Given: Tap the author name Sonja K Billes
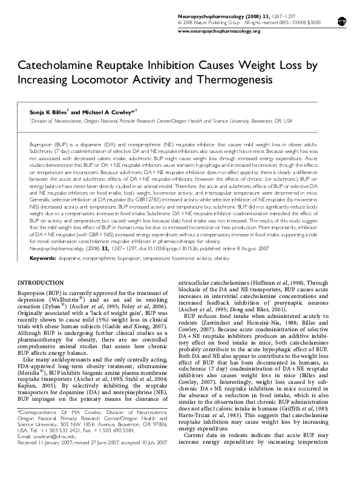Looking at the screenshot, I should point(49,112).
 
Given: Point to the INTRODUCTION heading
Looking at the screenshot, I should point(42,283).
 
